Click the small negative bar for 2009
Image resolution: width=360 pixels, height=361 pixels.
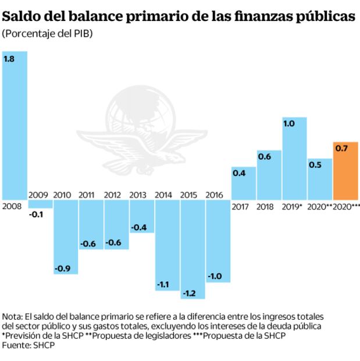40,204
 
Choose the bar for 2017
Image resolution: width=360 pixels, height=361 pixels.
243,183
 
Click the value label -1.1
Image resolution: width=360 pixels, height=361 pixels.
163,285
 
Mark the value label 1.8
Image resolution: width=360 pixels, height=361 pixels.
9,59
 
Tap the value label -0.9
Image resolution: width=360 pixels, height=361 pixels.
63,268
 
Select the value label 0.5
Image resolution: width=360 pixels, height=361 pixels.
315,165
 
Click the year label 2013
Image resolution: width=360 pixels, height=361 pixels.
138,195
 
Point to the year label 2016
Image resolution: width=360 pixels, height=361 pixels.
215,195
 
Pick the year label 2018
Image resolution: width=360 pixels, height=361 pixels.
265,207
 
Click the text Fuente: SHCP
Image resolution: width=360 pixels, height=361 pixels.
25,345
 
